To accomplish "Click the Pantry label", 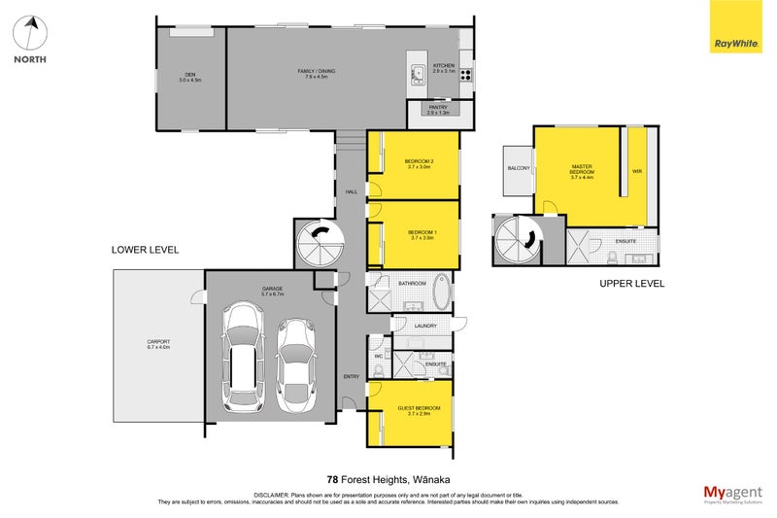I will point(438,109).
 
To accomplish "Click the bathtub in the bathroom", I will point(441,291).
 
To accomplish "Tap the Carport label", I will point(157,343).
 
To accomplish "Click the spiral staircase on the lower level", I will point(317,239).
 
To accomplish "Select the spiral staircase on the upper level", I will point(517,239).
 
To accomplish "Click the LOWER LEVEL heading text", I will point(146,250).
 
